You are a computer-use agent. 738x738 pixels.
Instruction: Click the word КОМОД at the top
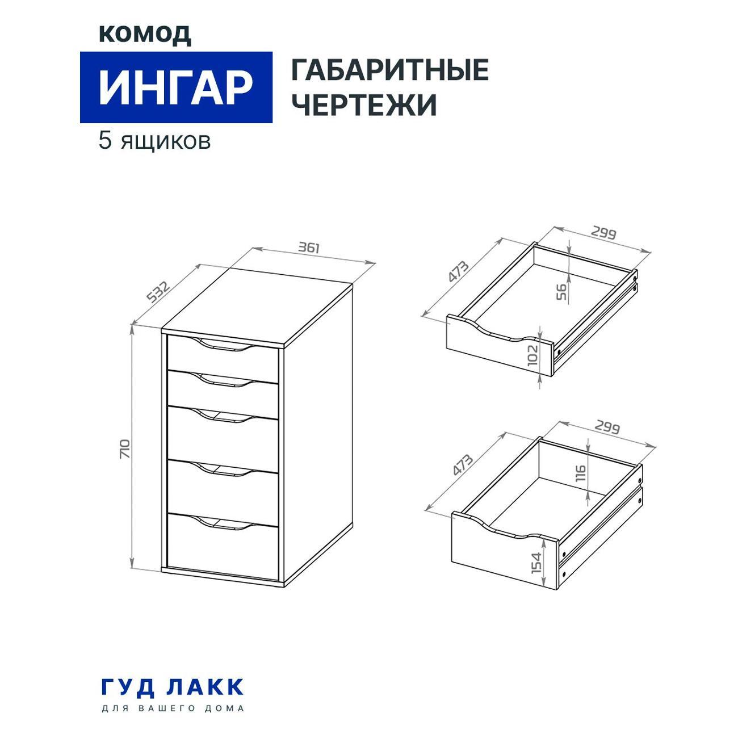(x=145, y=35)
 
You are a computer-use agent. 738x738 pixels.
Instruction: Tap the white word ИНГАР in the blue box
(x=176, y=87)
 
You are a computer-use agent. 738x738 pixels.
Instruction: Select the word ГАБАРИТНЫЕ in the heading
(x=390, y=70)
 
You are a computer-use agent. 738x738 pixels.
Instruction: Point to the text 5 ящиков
(x=155, y=141)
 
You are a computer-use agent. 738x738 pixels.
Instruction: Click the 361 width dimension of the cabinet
(x=309, y=248)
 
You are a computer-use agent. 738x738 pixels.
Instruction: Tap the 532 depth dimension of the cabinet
(x=157, y=292)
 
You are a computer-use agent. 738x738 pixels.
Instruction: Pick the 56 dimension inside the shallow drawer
(x=561, y=292)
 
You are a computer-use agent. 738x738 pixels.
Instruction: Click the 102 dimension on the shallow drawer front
(x=532, y=355)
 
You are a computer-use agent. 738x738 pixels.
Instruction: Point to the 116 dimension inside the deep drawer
(x=581, y=473)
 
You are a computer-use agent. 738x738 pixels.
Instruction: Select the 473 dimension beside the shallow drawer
(x=459, y=271)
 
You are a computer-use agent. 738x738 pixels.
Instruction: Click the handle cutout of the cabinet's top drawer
(x=226, y=344)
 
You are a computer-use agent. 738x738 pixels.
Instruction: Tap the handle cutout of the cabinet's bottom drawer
(x=226, y=523)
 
